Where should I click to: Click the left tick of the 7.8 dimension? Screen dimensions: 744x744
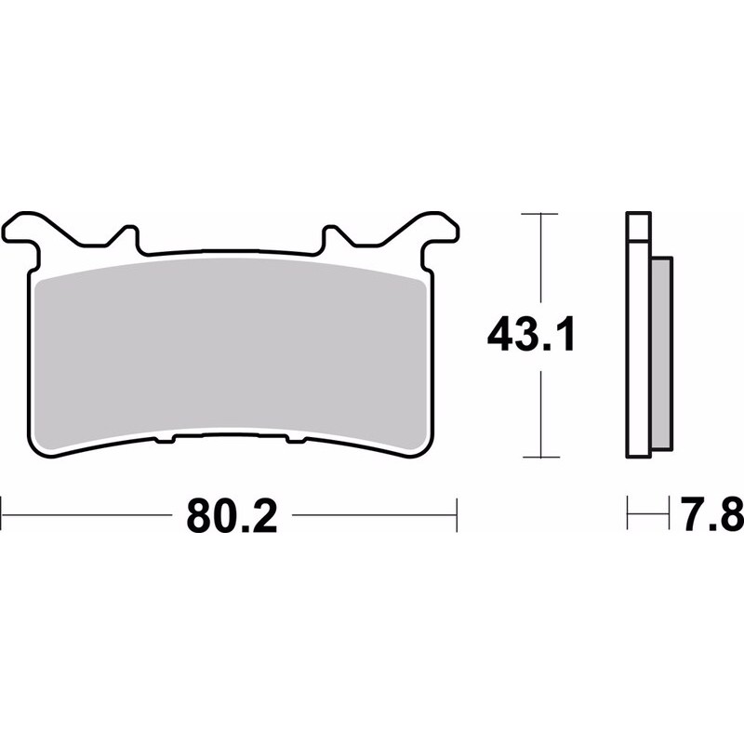[x=630, y=511]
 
